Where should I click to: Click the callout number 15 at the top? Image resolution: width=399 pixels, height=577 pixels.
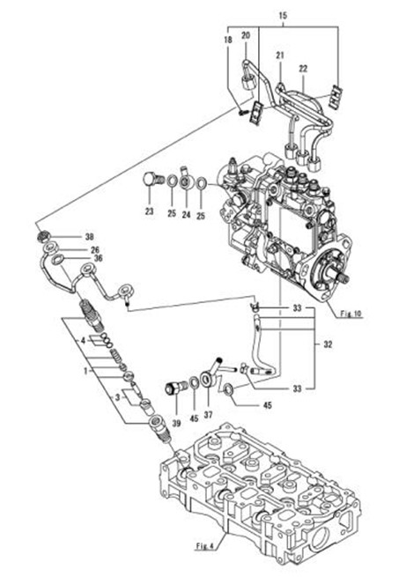283,16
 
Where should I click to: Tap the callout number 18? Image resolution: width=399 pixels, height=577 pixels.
228,40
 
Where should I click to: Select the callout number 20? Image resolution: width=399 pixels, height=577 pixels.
246,35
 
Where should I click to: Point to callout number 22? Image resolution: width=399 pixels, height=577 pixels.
303,69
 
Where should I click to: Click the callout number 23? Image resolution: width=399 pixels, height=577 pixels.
149,211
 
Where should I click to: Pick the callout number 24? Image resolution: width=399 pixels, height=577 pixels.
186,214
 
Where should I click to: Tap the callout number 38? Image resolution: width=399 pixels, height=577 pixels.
90,237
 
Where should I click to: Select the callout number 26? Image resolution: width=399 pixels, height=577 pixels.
95,250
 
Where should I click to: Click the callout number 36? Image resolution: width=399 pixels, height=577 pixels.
98,258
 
